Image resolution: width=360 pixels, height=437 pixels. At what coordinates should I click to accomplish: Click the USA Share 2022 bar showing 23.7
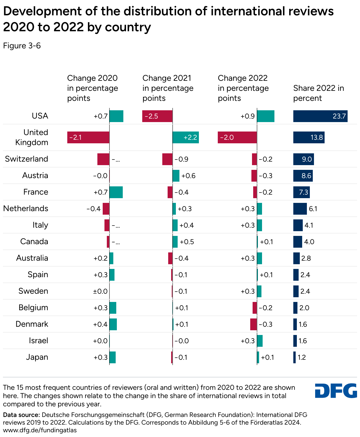[x=320, y=116]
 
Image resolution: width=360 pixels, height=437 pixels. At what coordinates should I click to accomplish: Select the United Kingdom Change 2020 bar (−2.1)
[x=88, y=137]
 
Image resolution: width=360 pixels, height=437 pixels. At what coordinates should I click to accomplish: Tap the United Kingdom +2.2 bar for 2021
[x=186, y=137]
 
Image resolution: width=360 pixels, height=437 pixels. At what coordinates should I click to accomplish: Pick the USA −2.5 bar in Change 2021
[x=157, y=116]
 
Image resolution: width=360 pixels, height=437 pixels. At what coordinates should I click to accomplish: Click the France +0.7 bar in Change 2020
[x=116, y=192]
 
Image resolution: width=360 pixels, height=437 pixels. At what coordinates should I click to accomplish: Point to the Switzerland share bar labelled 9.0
[x=303, y=159]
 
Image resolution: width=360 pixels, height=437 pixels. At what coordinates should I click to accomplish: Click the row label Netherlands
[x=26, y=208]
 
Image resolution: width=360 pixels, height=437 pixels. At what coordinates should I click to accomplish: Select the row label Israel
[x=38, y=341]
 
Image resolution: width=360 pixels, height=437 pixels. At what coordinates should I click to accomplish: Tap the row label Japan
[x=37, y=357]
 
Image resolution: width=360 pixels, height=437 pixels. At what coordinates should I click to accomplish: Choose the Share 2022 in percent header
[x=318, y=93]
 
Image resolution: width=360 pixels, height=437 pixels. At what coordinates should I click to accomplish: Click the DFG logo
[x=336, y=391]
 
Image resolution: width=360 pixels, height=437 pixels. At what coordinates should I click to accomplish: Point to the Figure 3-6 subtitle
[x=22, y=46]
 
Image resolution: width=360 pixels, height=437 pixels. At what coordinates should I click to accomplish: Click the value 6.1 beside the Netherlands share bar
[x=313, y=209]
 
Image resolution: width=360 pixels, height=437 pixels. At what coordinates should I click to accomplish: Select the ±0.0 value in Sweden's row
[x=100, y=291]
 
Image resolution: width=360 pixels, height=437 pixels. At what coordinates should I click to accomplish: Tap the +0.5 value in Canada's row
[x=187, y=242]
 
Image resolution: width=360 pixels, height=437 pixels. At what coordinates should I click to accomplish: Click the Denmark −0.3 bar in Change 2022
[x=253, y=324]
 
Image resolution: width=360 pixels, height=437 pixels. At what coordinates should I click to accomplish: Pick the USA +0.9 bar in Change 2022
[x=266, y=116]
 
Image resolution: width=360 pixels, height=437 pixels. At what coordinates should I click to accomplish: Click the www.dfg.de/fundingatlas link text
[x=40, y=430]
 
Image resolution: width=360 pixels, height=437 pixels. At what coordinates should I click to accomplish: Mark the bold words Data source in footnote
[x=21, y=415]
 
